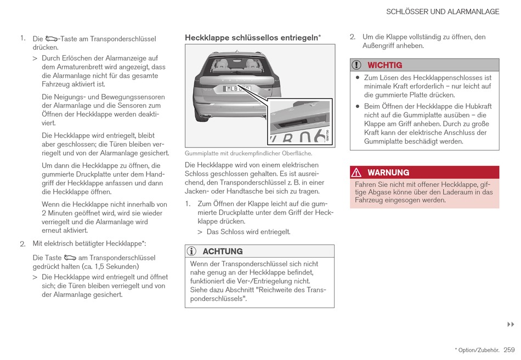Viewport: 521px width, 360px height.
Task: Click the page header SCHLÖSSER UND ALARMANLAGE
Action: pos(443,12)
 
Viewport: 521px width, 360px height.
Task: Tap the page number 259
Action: pos(509,350)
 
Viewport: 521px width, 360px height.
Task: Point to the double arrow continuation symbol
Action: pos(510,325)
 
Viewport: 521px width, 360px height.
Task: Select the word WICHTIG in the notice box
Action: pos(384,65)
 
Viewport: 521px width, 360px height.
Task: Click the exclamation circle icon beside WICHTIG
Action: pos(356,65)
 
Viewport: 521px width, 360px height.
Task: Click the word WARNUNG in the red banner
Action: pos(388,173)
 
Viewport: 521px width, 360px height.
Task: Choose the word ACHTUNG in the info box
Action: pos(222,252)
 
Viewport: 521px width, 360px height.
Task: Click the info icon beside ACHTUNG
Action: pos(191,252)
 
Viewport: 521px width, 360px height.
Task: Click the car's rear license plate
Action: pos(237,89)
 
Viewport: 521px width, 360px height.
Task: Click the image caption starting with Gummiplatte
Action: pos(248,153)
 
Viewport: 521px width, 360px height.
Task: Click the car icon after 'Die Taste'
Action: pos(70,258)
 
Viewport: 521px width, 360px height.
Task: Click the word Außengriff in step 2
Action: pos(378,46)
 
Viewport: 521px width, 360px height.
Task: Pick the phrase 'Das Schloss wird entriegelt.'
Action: pos(248,232)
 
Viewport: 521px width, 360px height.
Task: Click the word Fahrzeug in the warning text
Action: pos(370,201)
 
